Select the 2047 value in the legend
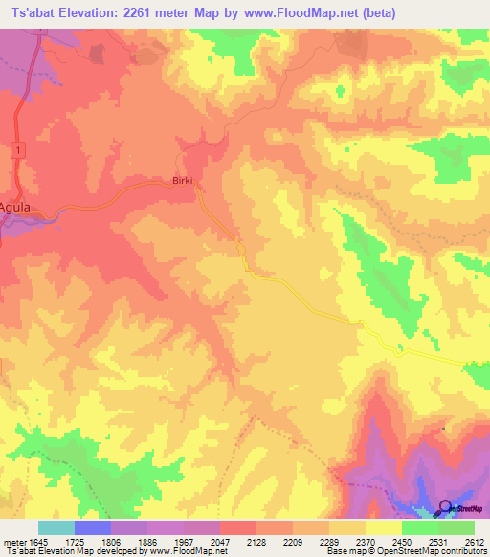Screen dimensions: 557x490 tap(220, 543)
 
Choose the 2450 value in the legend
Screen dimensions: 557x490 tap(402, 543)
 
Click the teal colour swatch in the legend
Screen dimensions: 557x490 tap(56, 527)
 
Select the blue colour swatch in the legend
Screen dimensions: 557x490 tap(93, 527)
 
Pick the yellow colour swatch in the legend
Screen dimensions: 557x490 tap(384, 527)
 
